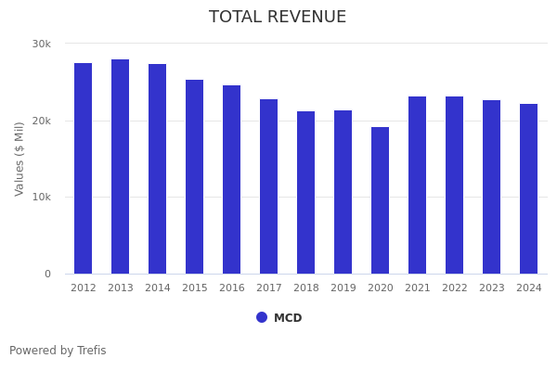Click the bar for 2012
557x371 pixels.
click(84, 168)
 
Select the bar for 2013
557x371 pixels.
click(121, 166)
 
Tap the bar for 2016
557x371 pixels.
click(232, 179)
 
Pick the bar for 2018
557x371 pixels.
click(306, 192)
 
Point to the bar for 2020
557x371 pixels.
click(381, 200)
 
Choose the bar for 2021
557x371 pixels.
click(418, 185)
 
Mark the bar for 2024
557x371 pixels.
click(529, 188)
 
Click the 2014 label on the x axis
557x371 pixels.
click(158, 288)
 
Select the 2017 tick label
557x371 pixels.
click(269, 288)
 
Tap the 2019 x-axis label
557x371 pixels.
click(343, 288)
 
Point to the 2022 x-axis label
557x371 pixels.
click(455, 288)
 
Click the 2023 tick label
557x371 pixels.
click(492, 288)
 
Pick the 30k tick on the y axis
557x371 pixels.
click(42, 45)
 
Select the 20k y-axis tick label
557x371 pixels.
click(42, 121)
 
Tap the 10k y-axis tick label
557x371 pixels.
click(42, 198)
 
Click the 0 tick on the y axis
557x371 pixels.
click(47, 275)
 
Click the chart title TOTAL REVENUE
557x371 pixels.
click(278, 18)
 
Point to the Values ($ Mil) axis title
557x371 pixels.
click(19, 159)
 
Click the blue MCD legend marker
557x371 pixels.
click(262, 317)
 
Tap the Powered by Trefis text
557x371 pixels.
click(58, 351)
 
